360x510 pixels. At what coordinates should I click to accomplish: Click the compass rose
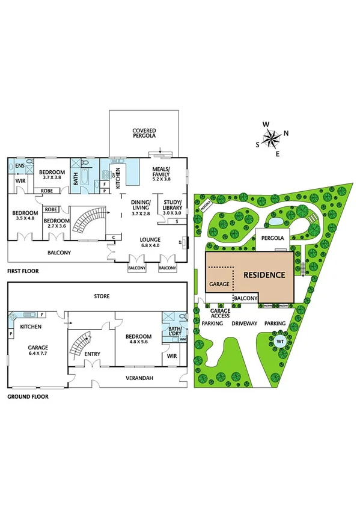[x=272, y=138]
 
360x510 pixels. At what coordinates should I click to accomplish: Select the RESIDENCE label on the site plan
[x=263, y=275]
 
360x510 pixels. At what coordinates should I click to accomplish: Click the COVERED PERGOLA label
[x=144, y=135]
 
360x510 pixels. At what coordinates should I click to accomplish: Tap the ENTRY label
[x=93, y=354]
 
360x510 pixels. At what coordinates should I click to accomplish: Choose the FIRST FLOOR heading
[x=23, y=271]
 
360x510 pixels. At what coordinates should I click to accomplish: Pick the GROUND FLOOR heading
[x=28, y=397]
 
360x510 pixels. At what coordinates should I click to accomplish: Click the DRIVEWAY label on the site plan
[x=245, y=324]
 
